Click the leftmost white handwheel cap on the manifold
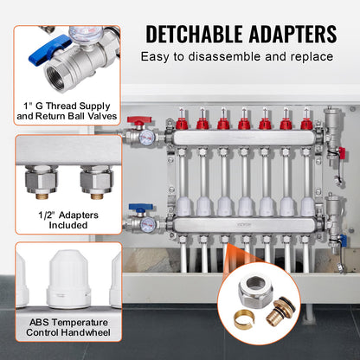coord(183,206)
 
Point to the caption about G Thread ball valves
coord(57,112)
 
